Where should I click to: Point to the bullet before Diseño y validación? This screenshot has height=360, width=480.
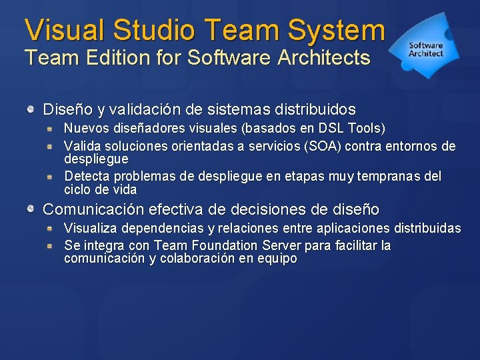[x=31, y=109]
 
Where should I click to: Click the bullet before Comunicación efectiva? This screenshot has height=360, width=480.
[x=31, y=209]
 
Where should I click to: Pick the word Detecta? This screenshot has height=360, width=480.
[x=87, y=177]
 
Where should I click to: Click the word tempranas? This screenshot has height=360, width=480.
[x=386, y=177]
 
